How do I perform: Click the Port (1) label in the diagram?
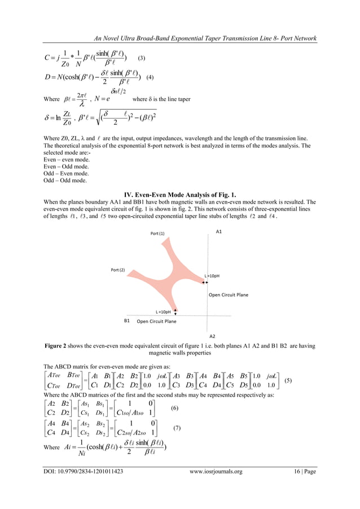coord(157,234)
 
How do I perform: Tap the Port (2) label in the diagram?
coord(118,270)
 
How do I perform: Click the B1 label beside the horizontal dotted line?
coord(127,321)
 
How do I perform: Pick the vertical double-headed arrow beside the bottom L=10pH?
coord(176,310)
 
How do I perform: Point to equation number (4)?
coord(150,76)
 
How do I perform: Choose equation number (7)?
coord(177,428)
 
